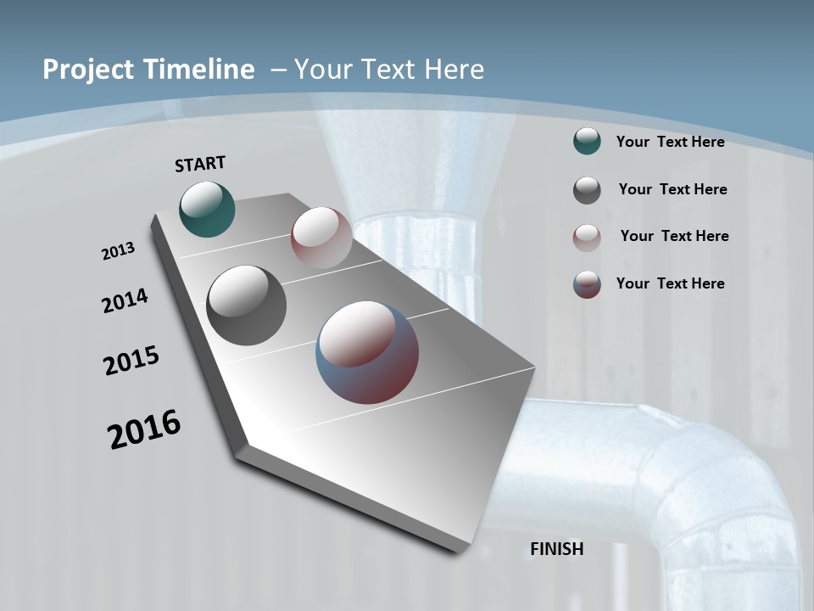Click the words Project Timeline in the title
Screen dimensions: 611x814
(148, 70)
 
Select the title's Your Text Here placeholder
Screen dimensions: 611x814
(388, 70)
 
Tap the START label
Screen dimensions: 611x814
(200, 164)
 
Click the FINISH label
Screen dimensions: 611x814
(557, 549)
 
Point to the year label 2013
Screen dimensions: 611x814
(118, 251)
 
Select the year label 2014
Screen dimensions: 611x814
(125, 300)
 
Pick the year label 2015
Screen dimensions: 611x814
(131, 361)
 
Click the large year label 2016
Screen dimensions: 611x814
(144, 429)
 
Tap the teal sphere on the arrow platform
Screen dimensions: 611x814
(207, 209)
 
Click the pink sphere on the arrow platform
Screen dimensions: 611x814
(321, 237)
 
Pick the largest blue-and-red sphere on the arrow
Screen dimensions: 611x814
(367, 352)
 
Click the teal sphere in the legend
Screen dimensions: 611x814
(587, 142)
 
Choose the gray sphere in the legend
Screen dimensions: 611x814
(587, 190)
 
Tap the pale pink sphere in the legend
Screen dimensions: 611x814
(587, 237)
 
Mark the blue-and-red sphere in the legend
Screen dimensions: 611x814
(587, 284)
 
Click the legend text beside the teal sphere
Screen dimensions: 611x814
(670, 142)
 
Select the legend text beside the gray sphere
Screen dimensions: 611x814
(672, 189)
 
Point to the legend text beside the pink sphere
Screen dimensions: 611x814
(674, 236)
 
